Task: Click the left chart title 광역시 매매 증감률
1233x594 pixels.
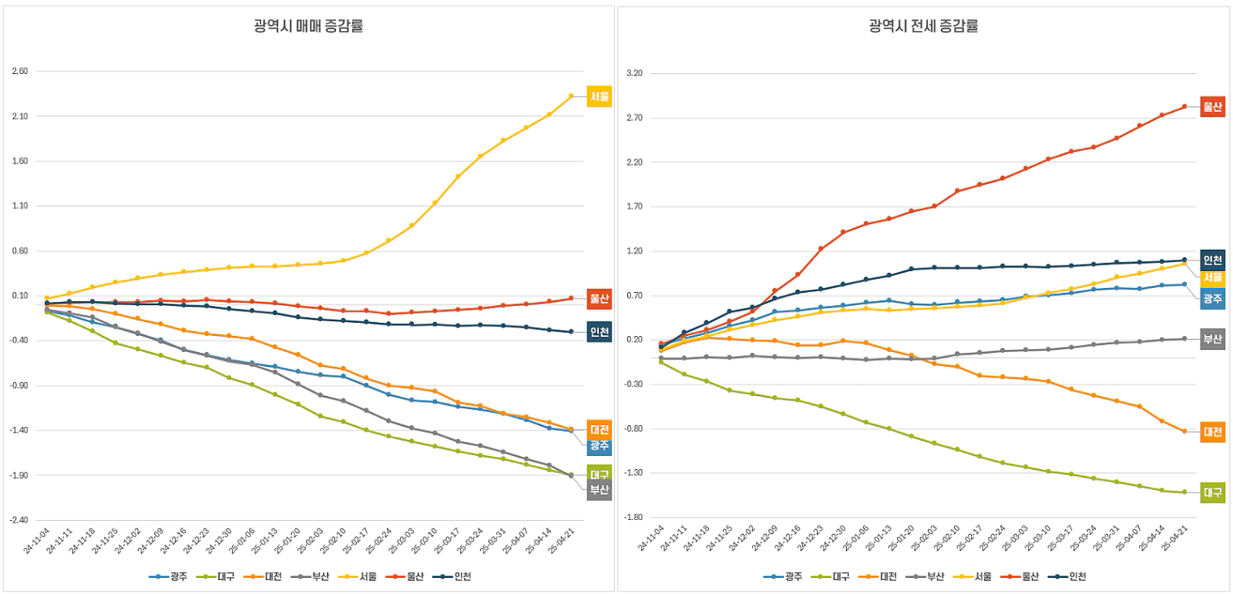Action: (x=308, y=26)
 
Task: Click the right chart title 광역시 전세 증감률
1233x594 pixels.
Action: (x=923, y=26)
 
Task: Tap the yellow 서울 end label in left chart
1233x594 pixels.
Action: (x=599, y=97)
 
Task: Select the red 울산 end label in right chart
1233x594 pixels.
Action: (x=1213, y=106)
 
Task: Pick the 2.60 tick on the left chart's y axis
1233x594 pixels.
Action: (x=20, y=71)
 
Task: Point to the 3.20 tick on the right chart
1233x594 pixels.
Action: (x=635, y=74)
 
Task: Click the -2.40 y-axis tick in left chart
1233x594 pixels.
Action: (x=19, y=520)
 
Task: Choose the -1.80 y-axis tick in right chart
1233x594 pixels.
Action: (x=634, y=518)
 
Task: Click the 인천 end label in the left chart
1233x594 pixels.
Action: (x=599, y=332)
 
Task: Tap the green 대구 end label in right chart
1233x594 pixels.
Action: (x=1213, y=493)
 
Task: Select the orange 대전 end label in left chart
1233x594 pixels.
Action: (x=599, y=430)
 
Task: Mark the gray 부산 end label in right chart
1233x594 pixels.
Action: (x=1213, y=339)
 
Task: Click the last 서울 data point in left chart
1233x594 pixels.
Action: (x=571, y=97)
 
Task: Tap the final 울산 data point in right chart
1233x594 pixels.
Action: (x=1184, y=106)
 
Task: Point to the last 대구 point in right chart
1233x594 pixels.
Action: (x=1184, y=492)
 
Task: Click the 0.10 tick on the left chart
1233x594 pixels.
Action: (x=20, y=295)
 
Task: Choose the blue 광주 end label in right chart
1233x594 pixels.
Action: (x=1213, y=299)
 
